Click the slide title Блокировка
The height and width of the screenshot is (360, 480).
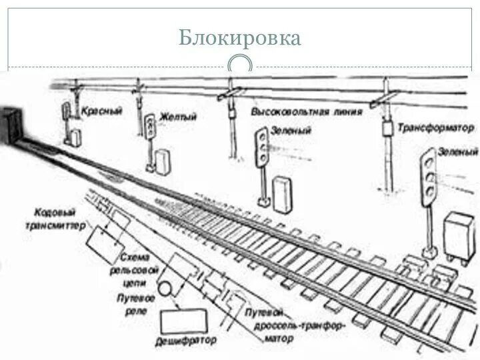tap(240, 37)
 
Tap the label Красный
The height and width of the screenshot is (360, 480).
tap(101, 111)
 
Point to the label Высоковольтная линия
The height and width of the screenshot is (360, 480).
tap(307, 111)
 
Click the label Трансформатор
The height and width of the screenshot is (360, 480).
tap(435, 127)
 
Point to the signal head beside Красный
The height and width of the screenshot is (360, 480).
tap(67, 111)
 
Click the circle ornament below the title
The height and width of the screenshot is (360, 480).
tap(240, 65)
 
